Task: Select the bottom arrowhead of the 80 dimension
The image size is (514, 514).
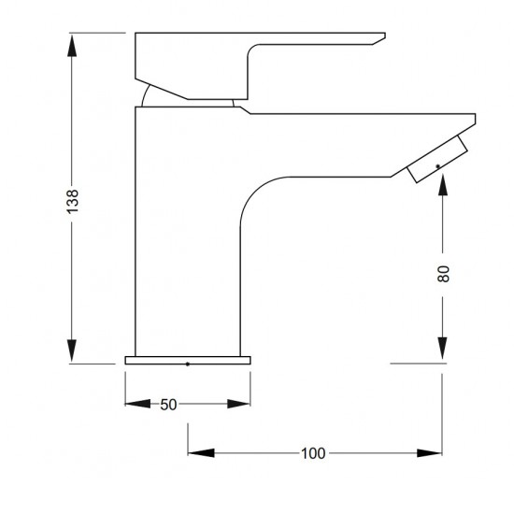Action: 443,352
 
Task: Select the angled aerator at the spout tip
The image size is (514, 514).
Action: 436,159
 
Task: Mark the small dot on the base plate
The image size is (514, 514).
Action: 189,362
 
